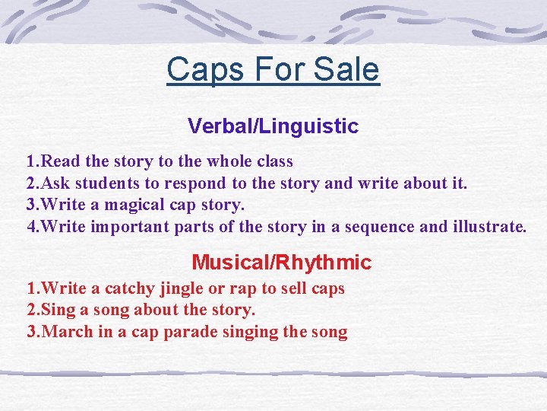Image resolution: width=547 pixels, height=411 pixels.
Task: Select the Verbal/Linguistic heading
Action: [273, 126]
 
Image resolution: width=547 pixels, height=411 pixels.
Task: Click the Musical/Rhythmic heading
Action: [281, 263]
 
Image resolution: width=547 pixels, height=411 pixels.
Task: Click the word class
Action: [271, 161]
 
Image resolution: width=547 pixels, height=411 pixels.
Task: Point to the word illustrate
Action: [487, 226]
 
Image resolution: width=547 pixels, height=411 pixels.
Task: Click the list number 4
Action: [31, 226]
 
